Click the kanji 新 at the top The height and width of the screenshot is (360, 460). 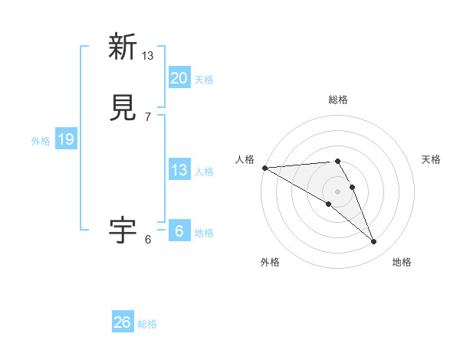click(123, 47)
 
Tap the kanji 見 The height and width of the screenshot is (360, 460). click(123, 108)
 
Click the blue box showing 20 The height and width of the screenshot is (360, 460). click(179, 77)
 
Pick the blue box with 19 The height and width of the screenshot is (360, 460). click(65, 139)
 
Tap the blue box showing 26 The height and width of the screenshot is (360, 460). click(123, 322)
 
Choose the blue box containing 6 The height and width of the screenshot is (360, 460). click(179, 231)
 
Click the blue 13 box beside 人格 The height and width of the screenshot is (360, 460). click(179, 170)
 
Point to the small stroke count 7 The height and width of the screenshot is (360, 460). click(148, 117)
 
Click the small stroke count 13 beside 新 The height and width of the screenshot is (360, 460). click(148, 55)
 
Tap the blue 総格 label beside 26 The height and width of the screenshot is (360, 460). click(147, 324)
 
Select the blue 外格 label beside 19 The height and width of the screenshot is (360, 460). click(41, 141)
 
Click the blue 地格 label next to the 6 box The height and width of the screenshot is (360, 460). click(204, 233)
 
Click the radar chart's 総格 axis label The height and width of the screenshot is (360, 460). click(337, 100)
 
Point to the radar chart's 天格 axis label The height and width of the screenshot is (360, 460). click(432, 159)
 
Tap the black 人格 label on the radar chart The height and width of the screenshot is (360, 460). click(245, 159)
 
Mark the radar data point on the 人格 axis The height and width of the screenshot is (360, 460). click(264, 168)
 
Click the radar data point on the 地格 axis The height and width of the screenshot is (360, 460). click(374, 242)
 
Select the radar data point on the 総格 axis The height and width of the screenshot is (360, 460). click(337, 161)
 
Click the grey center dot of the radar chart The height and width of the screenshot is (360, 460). click(337, 191)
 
